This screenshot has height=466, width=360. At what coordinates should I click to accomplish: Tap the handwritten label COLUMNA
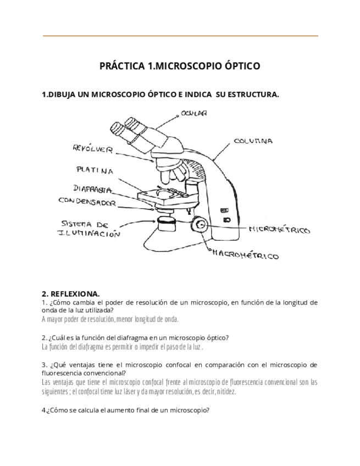[x=253, y=141]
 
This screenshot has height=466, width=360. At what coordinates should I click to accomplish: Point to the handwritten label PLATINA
[x=96, y=170]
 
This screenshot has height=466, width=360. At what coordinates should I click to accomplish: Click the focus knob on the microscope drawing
[x=200, y=224]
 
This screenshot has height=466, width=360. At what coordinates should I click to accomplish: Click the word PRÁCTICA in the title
[x=123, y=66]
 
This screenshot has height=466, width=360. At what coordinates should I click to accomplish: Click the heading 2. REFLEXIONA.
[x=71, y=294]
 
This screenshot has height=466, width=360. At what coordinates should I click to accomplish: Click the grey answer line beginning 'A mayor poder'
[x=110, y=319]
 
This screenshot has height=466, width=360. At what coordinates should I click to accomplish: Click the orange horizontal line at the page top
[x=180, y=36]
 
